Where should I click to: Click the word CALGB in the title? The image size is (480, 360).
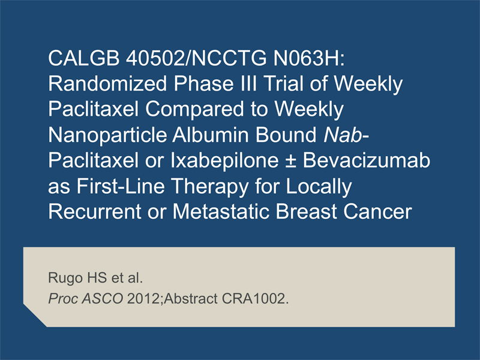click(83, 58)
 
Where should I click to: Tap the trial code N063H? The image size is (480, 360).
click(309, 58)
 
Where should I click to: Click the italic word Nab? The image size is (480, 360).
click(343, 134)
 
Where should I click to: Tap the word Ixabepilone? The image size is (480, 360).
click(224, 160)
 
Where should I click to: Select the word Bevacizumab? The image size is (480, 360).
click(367, 160)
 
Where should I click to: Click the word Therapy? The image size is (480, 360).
click(209, 186)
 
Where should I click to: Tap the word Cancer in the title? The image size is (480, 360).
click(377, 212)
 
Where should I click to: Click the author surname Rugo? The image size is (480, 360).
click(65, 278)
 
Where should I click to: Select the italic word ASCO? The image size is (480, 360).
click(102, 299)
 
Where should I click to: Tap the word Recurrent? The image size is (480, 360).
click(95, 212)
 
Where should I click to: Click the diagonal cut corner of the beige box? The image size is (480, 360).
click(35, 316)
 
